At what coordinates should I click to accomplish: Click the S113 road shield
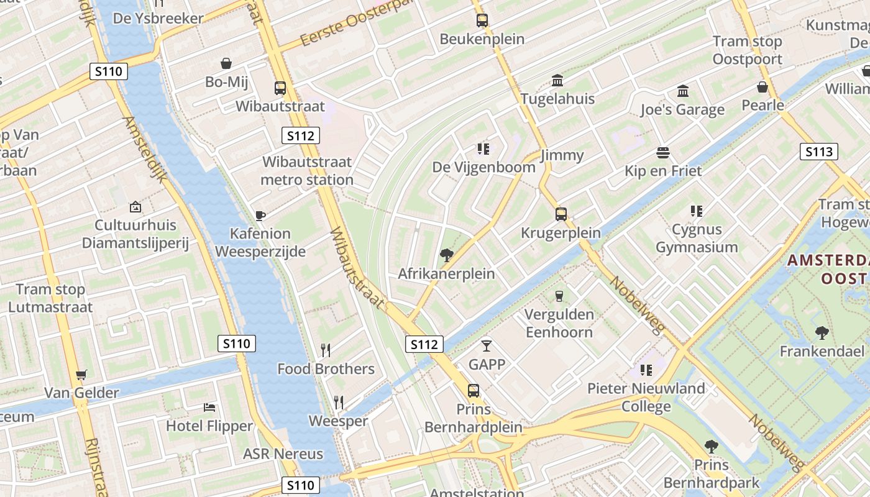[x=818, y=152]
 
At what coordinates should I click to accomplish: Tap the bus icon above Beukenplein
[x=482, y=21]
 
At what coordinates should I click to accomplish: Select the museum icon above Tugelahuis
[x=557, y=81]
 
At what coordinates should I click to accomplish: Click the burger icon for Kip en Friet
[x=663, y=153]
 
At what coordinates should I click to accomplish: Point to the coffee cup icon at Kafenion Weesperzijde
[x=260, y=216]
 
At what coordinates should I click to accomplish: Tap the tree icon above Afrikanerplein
[x=446, y=255]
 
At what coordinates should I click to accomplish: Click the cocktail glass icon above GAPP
[x=487, y=345]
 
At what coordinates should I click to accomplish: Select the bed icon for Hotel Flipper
[x=210, y=408]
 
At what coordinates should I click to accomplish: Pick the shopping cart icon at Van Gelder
[x=81, y=375]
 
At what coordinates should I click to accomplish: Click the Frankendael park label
[x=822, y=352]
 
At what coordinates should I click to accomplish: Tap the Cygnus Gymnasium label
[x=697, y=239]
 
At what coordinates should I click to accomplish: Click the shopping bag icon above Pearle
[x=762, y=87]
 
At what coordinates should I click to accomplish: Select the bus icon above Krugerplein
[x=561, y=214]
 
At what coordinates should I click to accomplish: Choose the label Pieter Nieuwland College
[x=646, y=398]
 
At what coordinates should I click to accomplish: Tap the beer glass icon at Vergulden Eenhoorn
[x=559, y=296]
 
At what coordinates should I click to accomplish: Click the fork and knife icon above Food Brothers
[x=326, y=350]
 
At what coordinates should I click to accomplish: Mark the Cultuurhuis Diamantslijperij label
[x=135, y=234]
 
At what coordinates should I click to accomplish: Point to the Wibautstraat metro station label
[x=307, y=171]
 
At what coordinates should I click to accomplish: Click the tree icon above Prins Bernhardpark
[x=711, y=446]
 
